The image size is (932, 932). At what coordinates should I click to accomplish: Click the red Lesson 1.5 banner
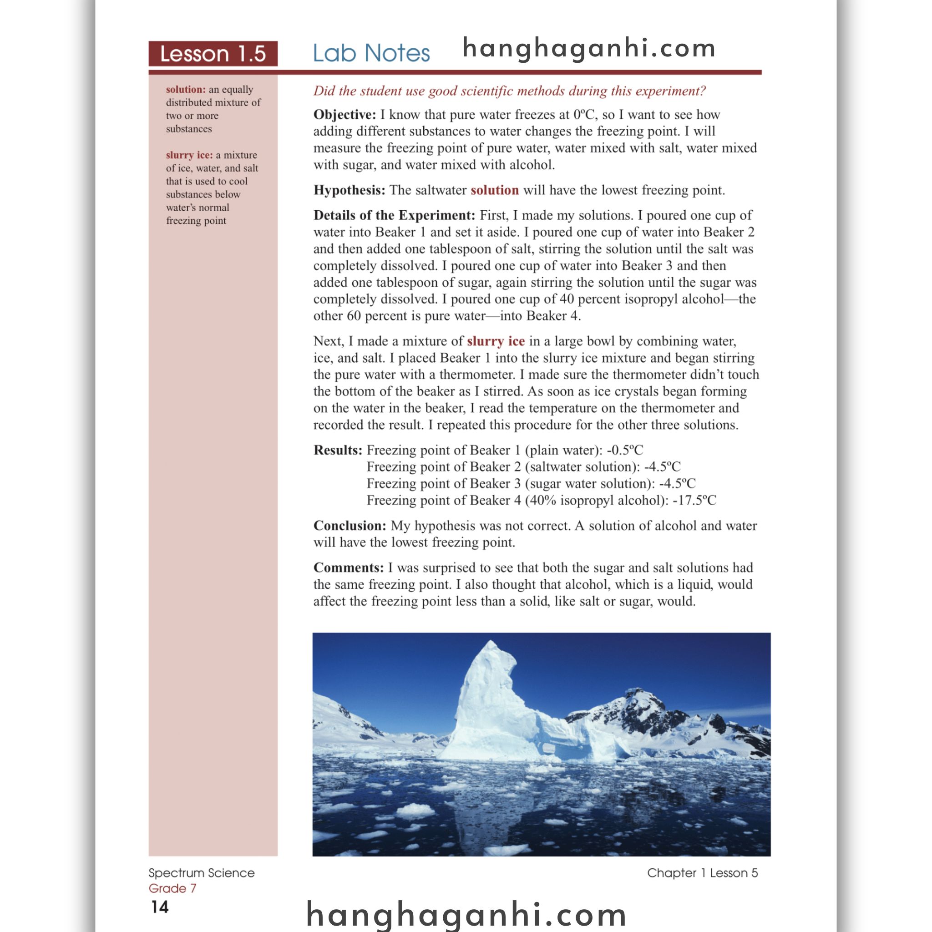point(213,54)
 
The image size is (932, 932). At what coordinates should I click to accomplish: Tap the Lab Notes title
point(371,53)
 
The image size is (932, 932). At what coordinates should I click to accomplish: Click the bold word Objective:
point(344,115)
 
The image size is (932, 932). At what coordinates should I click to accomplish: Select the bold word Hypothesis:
point(349,190)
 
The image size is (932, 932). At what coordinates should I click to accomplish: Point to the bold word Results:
point(338,450)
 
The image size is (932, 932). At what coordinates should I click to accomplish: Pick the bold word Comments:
point(348,567)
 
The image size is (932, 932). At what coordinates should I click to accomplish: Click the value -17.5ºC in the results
point(694,500)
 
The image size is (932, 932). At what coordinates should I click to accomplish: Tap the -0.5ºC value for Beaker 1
point(625,450)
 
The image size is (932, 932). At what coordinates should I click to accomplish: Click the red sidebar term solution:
point(186,90)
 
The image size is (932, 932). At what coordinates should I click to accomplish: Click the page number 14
point(160,907)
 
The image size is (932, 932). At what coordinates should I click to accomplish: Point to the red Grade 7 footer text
point(172,888)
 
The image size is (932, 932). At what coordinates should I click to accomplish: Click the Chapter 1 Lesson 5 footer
point(702,873)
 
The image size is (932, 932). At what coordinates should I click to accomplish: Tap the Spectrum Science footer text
point(201,873)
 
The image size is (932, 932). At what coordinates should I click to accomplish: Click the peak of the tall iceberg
point(491,643)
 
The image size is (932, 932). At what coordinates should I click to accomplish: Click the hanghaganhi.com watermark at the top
point(588,48)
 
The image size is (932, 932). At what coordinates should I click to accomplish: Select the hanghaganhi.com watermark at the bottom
point(466,913)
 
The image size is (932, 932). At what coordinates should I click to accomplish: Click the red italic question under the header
point(509,91)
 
